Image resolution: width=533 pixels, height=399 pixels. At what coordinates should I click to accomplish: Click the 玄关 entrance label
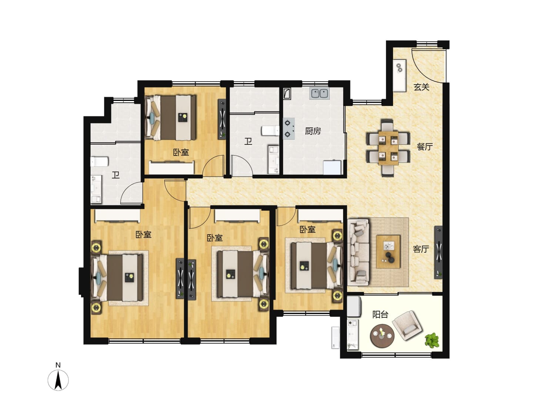click(421, 87)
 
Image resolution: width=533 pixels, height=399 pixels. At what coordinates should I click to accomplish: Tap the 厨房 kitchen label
click(313, 131)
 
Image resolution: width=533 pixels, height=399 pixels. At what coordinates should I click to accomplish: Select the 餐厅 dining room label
click(425, 147)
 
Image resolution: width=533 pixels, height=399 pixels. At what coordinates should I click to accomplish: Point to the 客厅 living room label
click(421, 249)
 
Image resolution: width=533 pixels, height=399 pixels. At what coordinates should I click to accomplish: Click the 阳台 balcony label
click(381, 315)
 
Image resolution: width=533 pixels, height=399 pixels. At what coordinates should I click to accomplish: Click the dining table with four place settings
click(388, 148)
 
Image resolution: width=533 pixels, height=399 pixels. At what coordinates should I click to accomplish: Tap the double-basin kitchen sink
click(319, 93)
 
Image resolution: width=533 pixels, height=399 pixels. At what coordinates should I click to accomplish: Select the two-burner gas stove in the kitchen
click(289, 129)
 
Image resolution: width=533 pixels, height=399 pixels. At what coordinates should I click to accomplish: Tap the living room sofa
click(358, 252)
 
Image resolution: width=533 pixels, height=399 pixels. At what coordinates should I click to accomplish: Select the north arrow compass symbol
click(58, 380)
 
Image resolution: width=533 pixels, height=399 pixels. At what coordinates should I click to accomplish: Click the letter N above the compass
click(58, 365)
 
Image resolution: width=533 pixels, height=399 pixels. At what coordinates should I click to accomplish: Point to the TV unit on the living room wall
click(438, 252)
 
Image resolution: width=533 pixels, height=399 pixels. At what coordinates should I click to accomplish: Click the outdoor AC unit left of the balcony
click(335, 338)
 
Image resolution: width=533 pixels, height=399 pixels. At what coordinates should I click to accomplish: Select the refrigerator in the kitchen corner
click(332, 167)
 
